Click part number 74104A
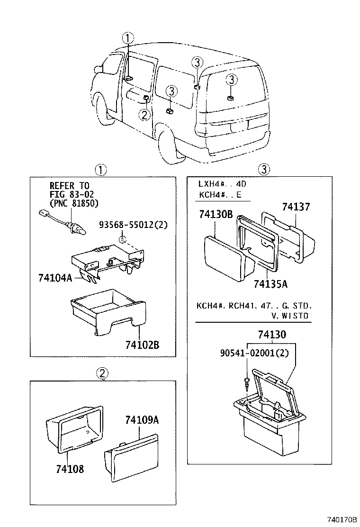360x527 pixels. coord(54,278)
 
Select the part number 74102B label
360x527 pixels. coord(142,345)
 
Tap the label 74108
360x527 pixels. coord(70,469)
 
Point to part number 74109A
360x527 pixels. coord(141,420)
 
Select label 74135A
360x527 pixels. coord(270,284)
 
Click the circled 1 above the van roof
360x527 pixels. coord(127,38)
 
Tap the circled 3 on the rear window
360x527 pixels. coord(230,80)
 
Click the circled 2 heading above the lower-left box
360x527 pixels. coord(102,374)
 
